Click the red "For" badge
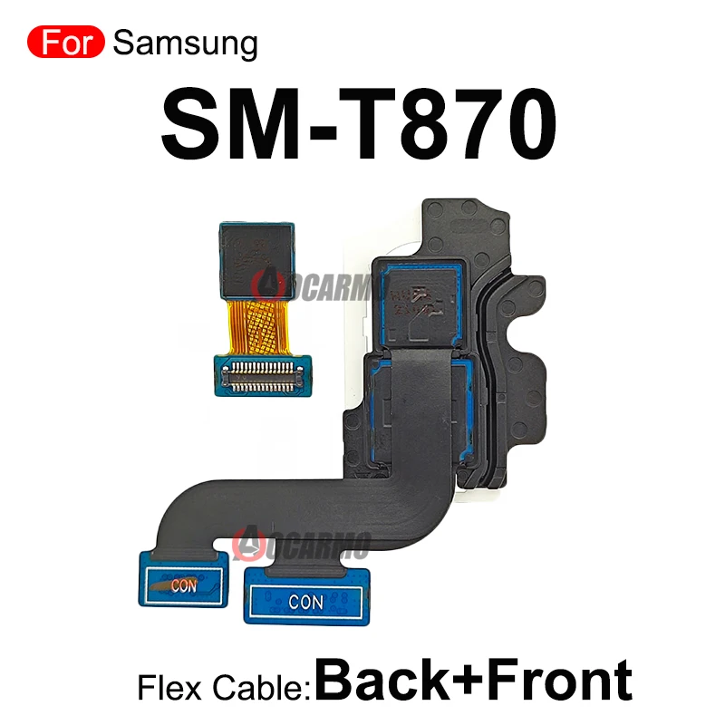click(x=66, y=43)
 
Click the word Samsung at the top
click(x=187, y=43)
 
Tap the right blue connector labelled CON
click(x=304, y=597)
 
